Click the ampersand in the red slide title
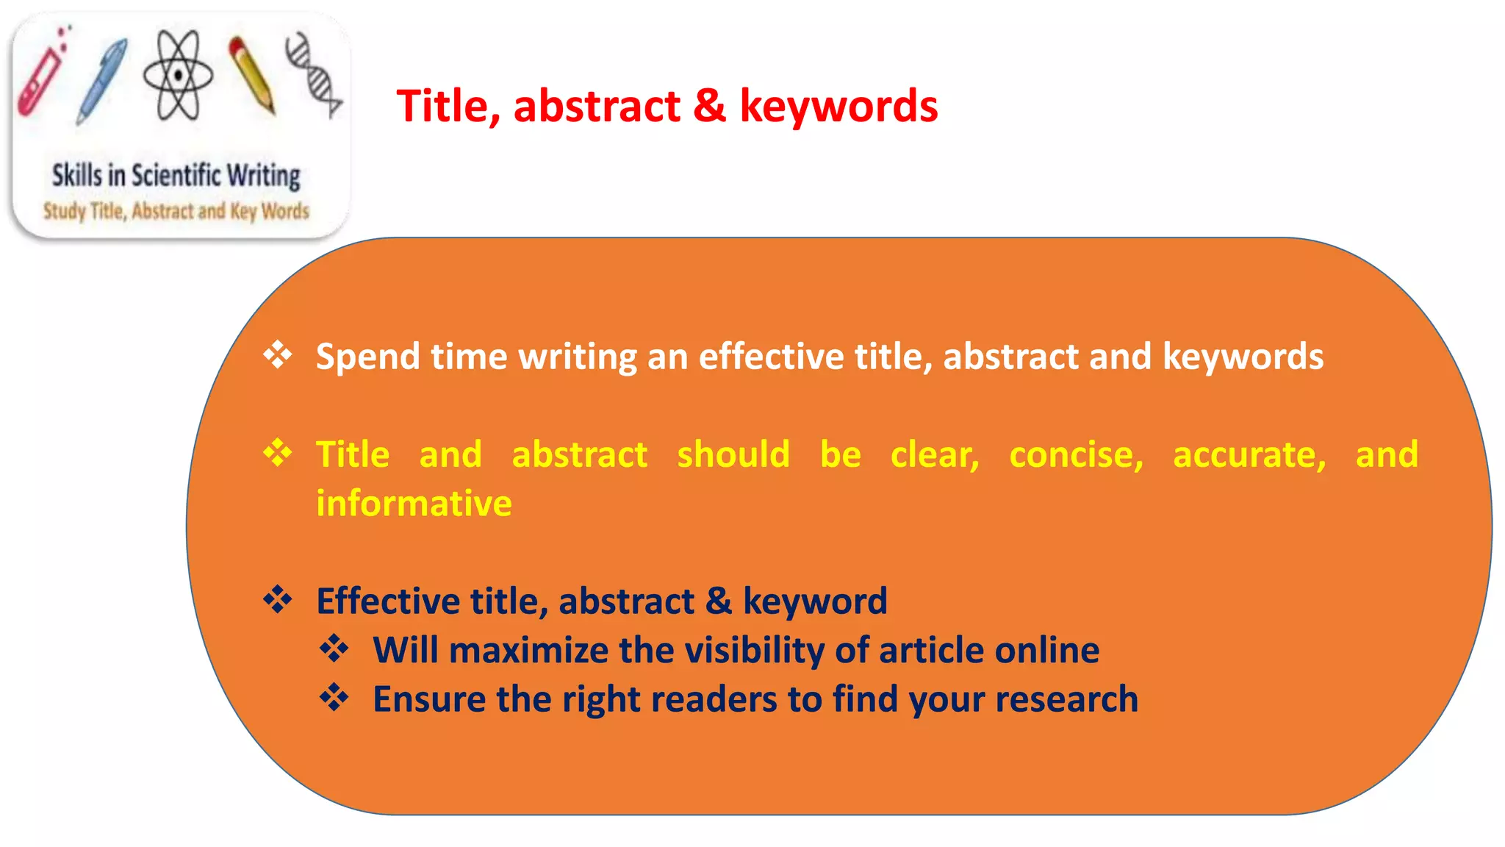coord(709,106)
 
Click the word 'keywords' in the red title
coord(838,106)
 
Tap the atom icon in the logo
coord(178,75)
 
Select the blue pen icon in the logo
coord(102,80)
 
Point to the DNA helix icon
coord(314,74)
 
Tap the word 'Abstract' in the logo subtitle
coord(162,212)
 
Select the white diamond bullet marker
coord(278,355)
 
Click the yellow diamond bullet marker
coord(278,453)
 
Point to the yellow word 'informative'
coord(414,504)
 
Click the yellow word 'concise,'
coord(1076,454)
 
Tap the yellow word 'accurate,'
coord(1249,454)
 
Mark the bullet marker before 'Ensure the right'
coord(334,698)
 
